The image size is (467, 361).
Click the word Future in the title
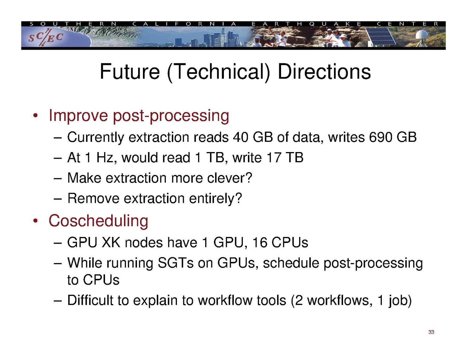pos(130,72)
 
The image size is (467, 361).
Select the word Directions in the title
pos(324,72)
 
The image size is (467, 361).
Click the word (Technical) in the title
pos(218,72)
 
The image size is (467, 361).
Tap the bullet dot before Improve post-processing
pos(36,116)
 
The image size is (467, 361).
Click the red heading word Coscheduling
pos(98,221)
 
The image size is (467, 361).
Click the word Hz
pos(107,157)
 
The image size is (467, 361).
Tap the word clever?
pos(229,178)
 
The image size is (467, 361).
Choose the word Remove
pos(93,198)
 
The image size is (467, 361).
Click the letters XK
pos(111,243)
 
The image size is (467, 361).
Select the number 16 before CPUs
pos(260,243)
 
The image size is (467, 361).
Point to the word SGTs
pos(175,263)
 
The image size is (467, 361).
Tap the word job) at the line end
pos(401,300)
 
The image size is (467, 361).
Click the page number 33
pos(431,332)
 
